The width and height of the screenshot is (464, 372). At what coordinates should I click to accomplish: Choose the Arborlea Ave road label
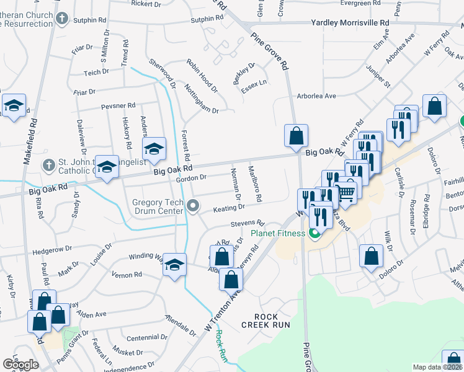316,96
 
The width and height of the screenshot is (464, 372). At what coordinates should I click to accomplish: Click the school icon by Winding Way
175,265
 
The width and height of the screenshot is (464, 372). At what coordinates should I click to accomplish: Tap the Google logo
20,365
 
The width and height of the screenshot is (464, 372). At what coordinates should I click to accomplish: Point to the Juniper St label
380,77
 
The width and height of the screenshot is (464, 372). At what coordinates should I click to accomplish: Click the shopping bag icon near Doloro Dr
370,255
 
